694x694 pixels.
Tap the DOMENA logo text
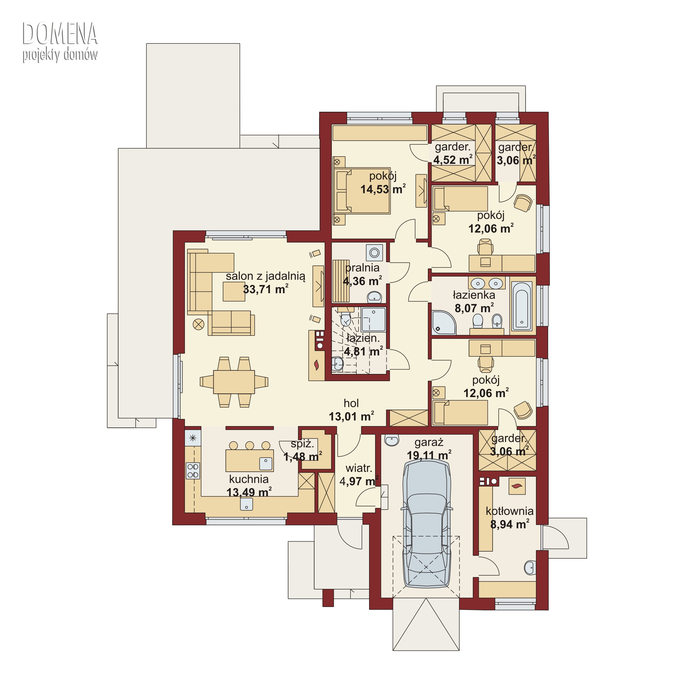click(x=60, y=33)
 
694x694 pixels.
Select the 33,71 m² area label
click(x=266, y=289)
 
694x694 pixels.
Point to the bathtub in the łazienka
click(x=522, y=306)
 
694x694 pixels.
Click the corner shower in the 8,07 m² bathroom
click(x=444, y=323)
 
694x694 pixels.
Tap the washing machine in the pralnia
click(x=374, y=252)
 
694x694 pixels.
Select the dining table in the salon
click(x=234, y=382)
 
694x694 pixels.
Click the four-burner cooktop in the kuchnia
click(x=193, y=470)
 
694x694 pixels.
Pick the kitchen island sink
click(x=266, y=464)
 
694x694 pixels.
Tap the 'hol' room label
click(x=351, y=403)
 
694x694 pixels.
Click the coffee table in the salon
click(x=234, y=291)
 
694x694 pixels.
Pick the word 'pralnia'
click(x=362, y=268)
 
